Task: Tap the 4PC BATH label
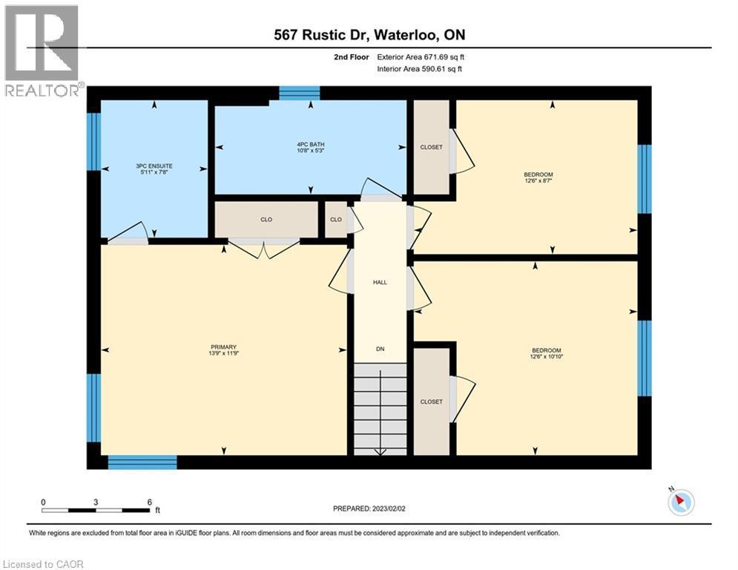(312, 144)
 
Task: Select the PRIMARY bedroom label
(223, 347)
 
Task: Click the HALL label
(380, 282)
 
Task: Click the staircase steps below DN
(380, 408)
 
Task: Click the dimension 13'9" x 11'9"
(223, 354)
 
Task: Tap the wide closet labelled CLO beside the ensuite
(266, 220)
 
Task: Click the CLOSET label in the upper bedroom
(431, 147)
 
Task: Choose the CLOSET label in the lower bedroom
(431, 402)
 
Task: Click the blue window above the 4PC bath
(299, 93)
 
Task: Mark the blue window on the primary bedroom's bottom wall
(142, 462)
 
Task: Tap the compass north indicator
(680, 502)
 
